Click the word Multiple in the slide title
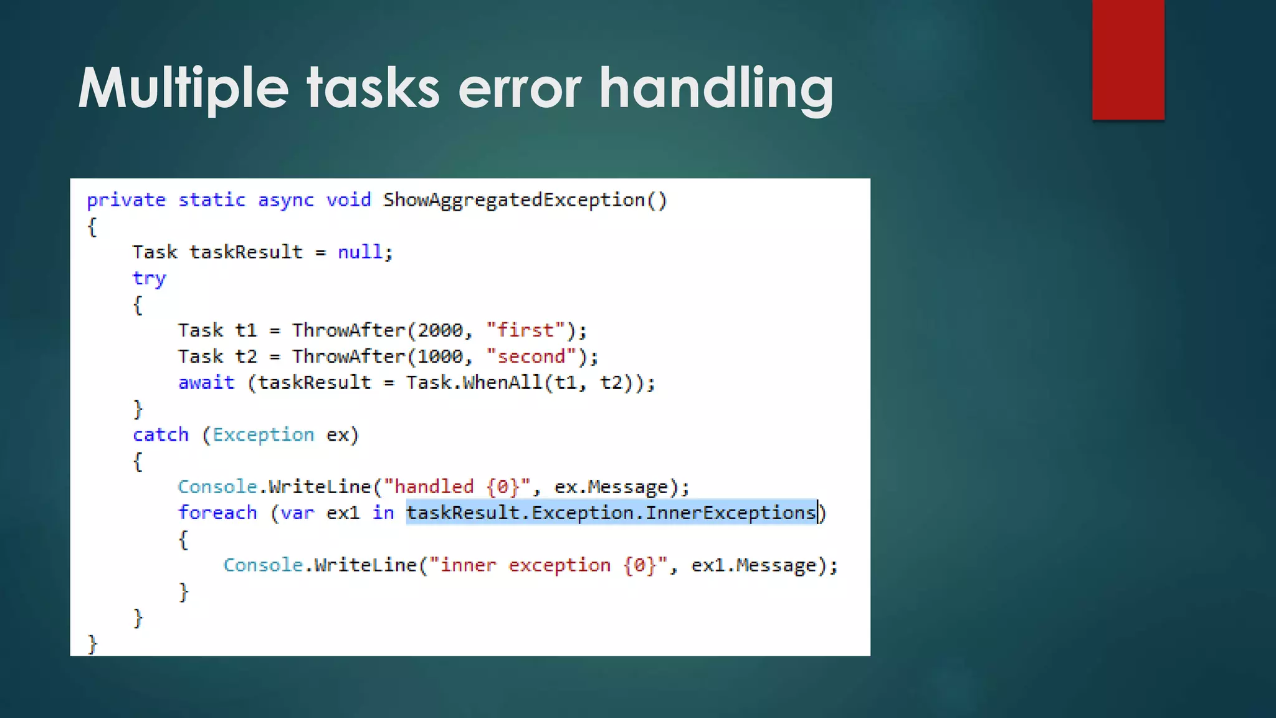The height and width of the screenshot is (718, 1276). click(183, 89)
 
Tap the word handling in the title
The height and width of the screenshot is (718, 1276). click(716, 89)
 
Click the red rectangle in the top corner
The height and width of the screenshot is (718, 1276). click(1128, 60)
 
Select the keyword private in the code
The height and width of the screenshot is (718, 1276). click(126, 200)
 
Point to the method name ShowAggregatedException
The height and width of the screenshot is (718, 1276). click(514, 200)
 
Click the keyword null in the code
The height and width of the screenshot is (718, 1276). click(359, 252)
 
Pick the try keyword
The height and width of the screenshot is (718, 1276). click(149, 278)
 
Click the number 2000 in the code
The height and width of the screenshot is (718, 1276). click(440, 330)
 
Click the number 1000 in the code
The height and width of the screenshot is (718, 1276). click(440, 357)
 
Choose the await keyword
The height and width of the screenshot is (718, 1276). click(206, 383)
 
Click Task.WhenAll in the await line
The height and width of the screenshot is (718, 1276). click(474, 383)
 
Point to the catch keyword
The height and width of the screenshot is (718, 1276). click(160, 434)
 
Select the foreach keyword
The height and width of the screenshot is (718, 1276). click(217, 513)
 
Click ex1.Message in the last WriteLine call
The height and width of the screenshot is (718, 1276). click(753, 565)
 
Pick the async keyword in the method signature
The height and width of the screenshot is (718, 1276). click(286, 200)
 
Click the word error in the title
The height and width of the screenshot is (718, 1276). click(520, 89)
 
